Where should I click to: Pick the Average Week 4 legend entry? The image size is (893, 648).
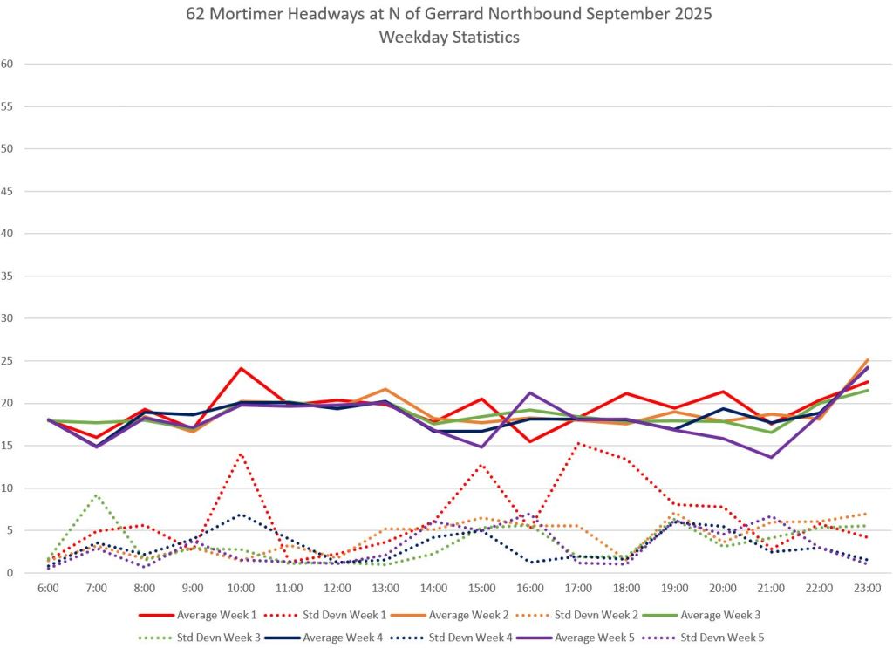(348, 638)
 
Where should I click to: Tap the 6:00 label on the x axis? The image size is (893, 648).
(48, 589)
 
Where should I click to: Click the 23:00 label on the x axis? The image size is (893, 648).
(867, 589)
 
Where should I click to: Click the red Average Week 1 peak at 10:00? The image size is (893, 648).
(241, 368)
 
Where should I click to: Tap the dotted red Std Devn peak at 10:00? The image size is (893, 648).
(241, 454)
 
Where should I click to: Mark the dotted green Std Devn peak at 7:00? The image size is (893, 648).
(96, 495)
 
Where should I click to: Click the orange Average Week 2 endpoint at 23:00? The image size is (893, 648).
(867, 359)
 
